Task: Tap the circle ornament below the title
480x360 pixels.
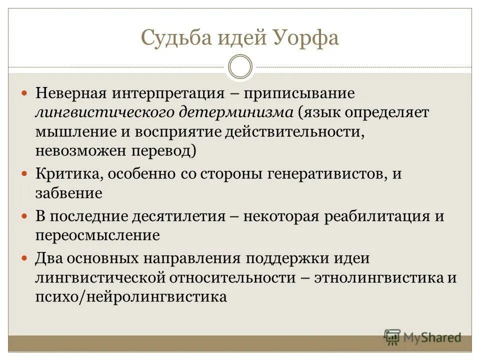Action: [x=240, y=67]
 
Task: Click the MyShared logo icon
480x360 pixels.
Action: [x=392, y=337]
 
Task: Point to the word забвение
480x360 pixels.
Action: [x=68, y=192]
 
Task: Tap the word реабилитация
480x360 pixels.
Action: [x=376, y=216]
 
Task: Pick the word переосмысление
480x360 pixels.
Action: [x=97, y=235]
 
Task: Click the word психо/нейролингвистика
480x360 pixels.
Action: [x=131, y=296]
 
